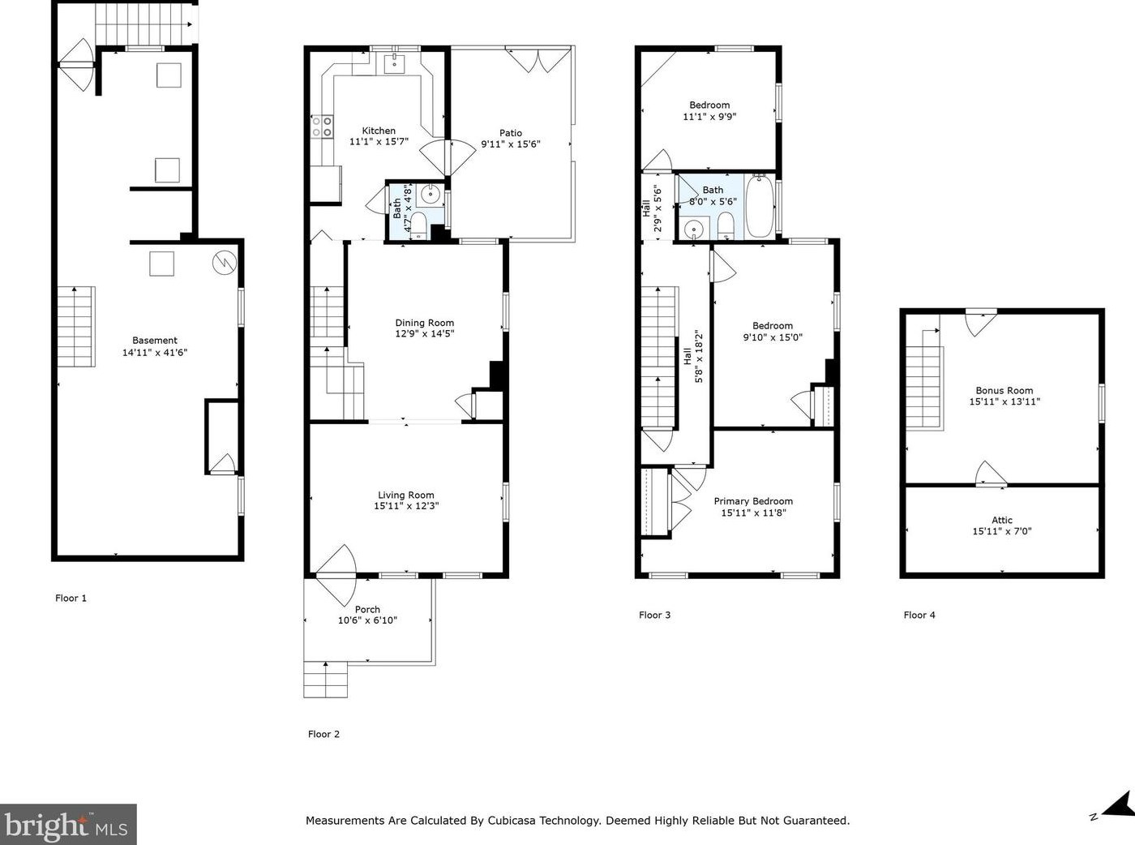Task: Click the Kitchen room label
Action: click(x=379, y=131)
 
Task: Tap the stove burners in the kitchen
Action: click(x=322, y=127)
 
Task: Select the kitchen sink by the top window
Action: click(x=395, y=63)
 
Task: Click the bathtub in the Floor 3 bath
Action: click(x=759, y=206)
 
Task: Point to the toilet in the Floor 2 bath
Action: click(x=419, y=224)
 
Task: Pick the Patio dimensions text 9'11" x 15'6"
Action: click(x=511, y=144)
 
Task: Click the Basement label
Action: click(x=155, y=341)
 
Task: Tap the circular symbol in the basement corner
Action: click(x=225, y=263)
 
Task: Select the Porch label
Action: click(x=367, y=609)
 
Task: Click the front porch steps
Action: click(x=325, y=680)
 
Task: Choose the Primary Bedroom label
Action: click(x=753, y=502)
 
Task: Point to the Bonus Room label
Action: click(x=1004, y=391)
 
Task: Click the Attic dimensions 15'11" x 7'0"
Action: click(x=1002, y=531)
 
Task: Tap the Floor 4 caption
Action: click(x=919, y=615)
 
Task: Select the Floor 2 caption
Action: click(x=323, y=734)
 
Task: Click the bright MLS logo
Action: click(x=68, y=824)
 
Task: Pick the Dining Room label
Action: click(x=424, y=323)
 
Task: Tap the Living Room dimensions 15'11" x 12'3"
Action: click(x=406, y=506)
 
